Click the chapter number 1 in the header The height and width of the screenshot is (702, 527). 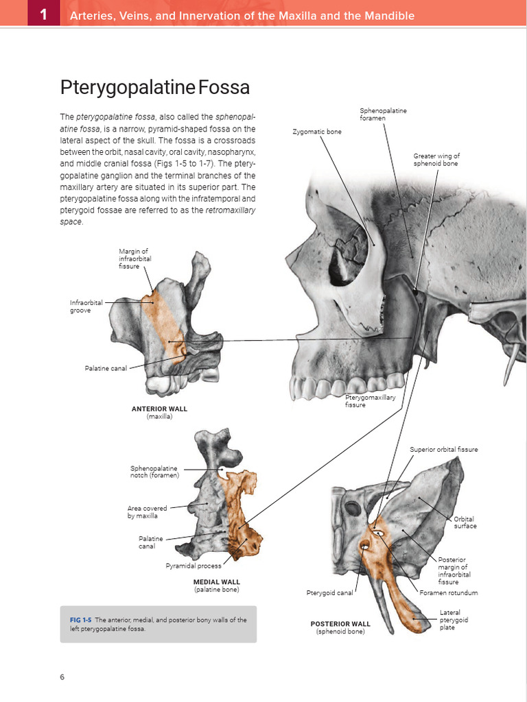[43, 14]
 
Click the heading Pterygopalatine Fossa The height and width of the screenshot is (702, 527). [154, 88]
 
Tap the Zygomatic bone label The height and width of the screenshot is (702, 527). [316, 131]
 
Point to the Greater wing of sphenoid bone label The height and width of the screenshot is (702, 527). [436, 160]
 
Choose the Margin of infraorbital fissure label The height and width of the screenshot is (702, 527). [135, 258]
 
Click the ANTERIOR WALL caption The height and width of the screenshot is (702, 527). [159, 409]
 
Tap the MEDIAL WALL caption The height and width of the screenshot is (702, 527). [216, 582]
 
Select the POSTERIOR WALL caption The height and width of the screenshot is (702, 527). [340, 624]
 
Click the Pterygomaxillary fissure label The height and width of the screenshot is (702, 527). [370, 401]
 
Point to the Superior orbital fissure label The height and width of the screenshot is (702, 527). [444, 450]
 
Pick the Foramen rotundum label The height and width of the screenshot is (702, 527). [449, 592]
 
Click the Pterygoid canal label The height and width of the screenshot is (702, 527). [329, 592]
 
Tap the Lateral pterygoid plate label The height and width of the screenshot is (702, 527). [449, 620]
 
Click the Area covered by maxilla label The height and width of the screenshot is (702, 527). [147, 511]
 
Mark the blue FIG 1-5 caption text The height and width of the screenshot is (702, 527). [81, 620]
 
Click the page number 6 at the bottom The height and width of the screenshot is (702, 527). [62, 677]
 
